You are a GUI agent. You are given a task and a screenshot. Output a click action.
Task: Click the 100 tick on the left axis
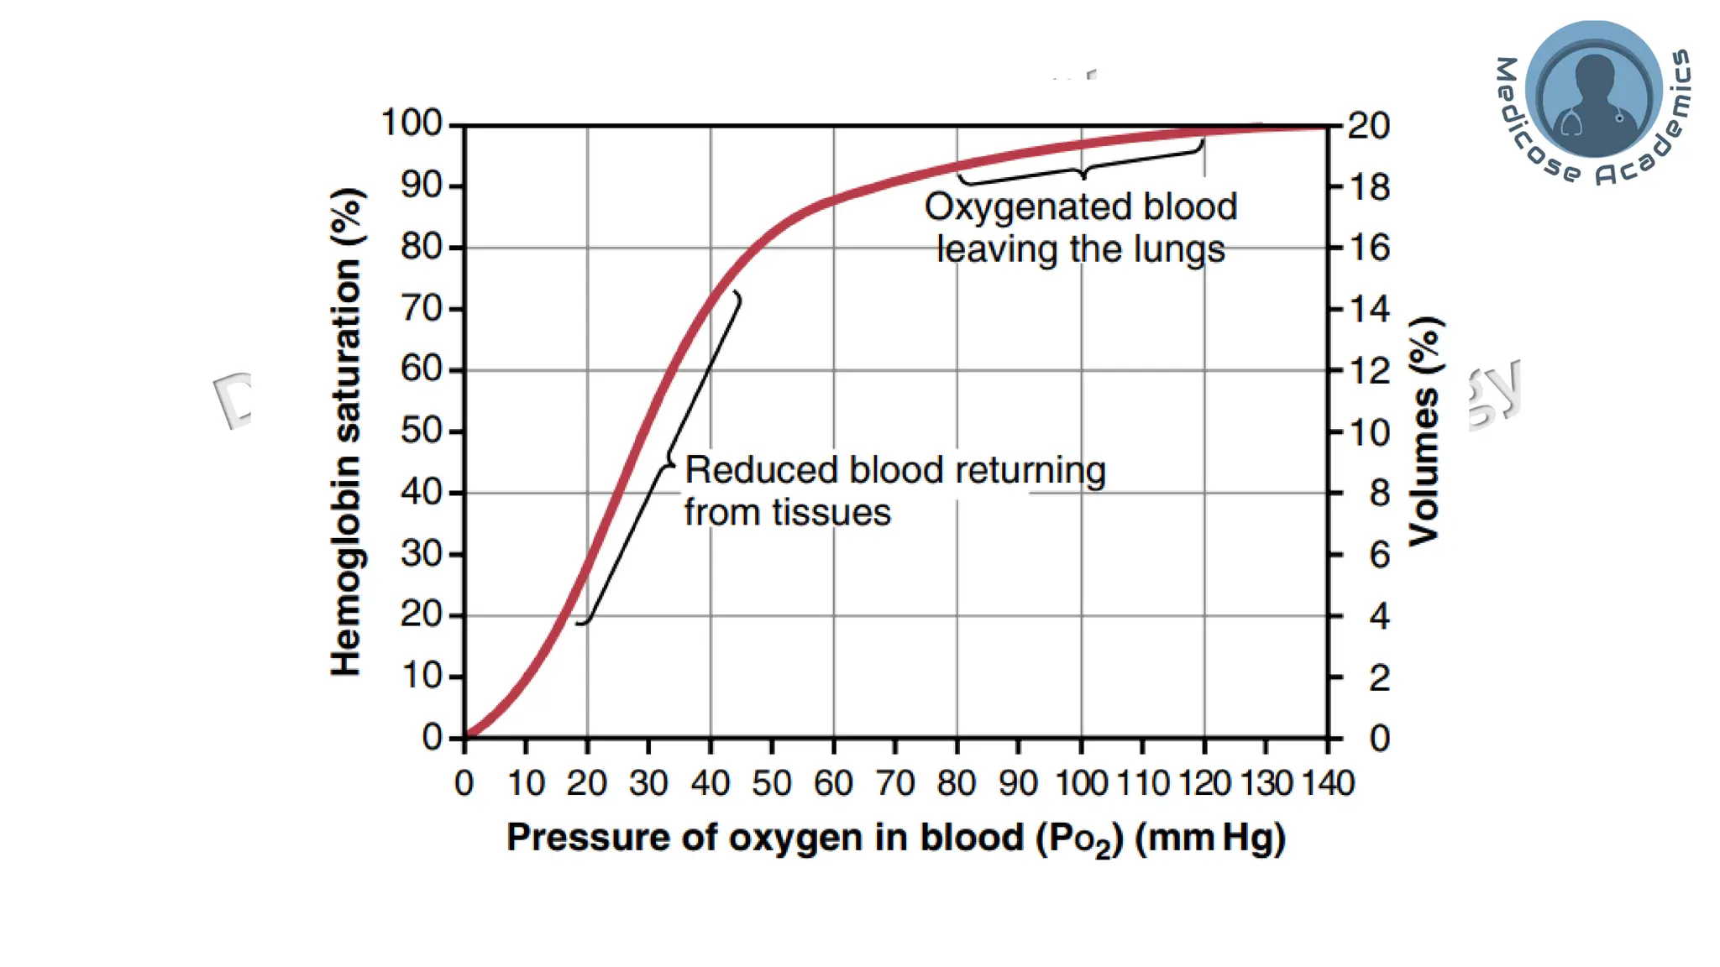tap(412, 123)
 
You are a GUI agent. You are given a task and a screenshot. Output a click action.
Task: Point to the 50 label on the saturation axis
tap(421, 431)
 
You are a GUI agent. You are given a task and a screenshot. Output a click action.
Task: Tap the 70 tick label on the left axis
tap(421, 308)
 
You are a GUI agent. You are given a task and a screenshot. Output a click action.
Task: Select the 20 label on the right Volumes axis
tap(1369, 126)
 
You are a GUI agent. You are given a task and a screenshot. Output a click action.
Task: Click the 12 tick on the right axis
tap(1369, 370)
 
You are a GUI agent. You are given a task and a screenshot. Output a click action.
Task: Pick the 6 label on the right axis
tap(1379, 555)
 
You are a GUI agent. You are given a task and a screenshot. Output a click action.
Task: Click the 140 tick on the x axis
tap(1328, 783)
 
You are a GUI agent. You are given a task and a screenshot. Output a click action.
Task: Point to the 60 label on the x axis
tap(833, 783)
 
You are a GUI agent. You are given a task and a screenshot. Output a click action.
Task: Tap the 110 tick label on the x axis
tap(1142, 783)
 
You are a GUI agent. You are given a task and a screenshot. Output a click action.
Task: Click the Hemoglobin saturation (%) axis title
tap(346, 431)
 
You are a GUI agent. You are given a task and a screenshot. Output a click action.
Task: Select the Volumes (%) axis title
tap(1424, 431)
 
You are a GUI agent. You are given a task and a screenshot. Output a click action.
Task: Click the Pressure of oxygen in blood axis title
tap(895, 839)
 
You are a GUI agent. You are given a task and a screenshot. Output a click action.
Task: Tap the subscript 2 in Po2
tap(1104, 846)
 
